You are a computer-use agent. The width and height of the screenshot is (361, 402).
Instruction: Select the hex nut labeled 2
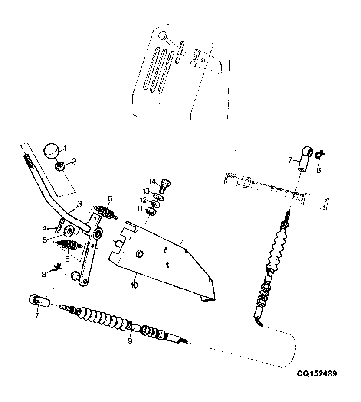59,167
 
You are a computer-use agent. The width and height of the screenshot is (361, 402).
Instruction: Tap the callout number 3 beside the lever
79,204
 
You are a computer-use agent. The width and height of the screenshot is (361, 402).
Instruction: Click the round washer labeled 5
69,231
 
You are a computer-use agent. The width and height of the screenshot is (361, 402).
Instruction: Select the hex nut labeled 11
151,211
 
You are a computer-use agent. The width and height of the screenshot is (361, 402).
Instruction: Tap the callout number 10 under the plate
134,285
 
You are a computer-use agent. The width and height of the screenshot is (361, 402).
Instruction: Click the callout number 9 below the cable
130,341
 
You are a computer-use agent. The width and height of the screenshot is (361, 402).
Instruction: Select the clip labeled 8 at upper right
319,154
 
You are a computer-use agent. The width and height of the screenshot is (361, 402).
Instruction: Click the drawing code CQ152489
317,373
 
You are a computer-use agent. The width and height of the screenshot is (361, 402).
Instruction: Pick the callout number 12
143,200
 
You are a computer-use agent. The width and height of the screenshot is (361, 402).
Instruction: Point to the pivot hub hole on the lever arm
98,233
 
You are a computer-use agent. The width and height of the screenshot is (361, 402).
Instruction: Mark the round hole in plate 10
139,254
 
